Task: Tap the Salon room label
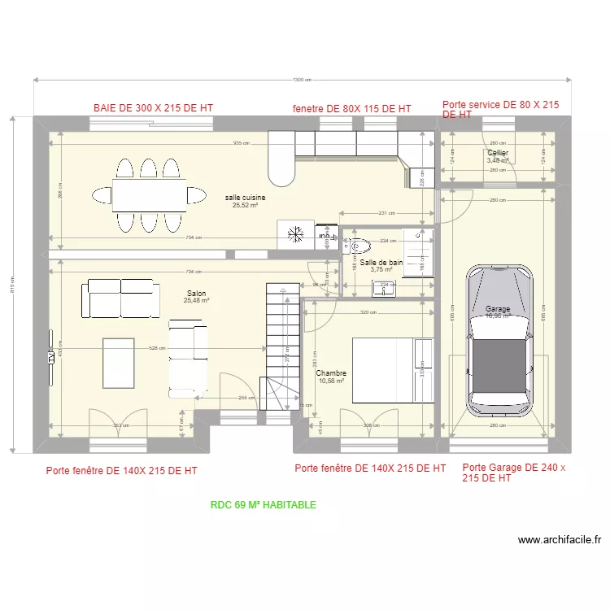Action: point(196,293)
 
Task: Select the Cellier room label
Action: point(497,153)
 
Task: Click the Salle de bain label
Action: point(381,263)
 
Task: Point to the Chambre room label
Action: point(331,373)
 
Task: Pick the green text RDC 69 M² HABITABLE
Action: point(263,505)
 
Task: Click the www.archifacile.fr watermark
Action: point(559,539)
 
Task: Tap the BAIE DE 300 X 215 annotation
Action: point(153,107)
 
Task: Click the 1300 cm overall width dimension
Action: point(302,80)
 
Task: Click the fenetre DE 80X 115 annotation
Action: point(351,108)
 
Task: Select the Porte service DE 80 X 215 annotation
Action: point(499,109)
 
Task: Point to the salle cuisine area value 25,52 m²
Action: point(245,206)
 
